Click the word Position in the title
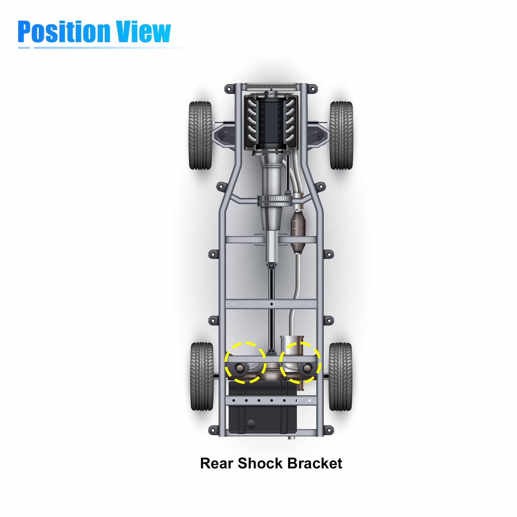point(64,32)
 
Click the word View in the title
point(143,32)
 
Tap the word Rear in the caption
point(216,464)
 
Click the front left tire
point(200,135)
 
